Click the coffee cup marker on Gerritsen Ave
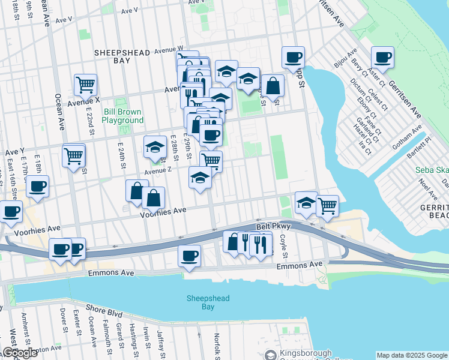click(x=382, y=58)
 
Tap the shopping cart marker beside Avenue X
click(x=86, y=85)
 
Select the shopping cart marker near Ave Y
click(x=73, y=156)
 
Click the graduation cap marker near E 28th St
click(x=155, y=147)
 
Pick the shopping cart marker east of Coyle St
click(x=327, y=206)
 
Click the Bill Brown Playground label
click(x=122, y=116)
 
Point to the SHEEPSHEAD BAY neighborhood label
click(x=122, y=56)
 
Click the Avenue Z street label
click(x=158, y=170)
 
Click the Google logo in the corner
click(x=19, y=353)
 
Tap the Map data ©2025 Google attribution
click(x=412, y=355)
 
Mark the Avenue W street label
click(x=168, y=49)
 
